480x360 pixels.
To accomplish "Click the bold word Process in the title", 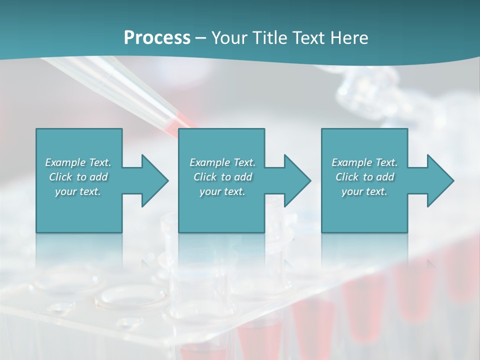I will tap(157, 38).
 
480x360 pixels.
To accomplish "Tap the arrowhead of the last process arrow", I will tap(439, 180).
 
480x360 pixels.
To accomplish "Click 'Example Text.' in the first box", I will tap(78, 162).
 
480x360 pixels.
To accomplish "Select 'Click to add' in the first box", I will tap(78, 177).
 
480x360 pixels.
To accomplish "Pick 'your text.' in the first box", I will tap(78, 191).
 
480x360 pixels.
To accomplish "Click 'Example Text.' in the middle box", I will tap(222, 162).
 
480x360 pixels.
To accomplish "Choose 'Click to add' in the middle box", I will tap(222, 177).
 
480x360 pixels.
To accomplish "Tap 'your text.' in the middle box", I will tap(222, 191).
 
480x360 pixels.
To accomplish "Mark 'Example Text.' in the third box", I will tap(364, 162).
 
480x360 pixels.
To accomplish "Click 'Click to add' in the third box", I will tap(364, 177).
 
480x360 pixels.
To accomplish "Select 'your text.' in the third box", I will tap(364, 191).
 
